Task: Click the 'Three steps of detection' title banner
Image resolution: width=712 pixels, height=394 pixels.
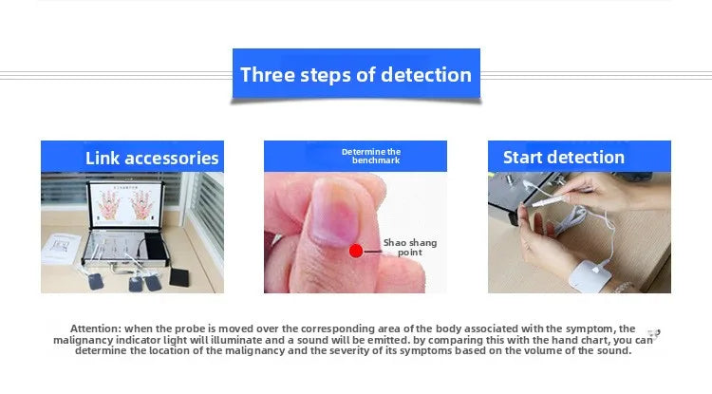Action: pos(356,73)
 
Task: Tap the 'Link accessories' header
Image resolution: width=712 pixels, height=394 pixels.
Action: pos(132,157)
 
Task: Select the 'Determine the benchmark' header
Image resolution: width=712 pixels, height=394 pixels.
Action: pos(355,156)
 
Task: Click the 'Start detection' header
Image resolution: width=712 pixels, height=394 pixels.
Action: pos(579,157)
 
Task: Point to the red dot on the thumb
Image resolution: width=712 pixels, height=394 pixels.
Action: pos(356,251)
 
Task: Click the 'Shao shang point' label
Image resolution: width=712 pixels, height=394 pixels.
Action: pos(410,248)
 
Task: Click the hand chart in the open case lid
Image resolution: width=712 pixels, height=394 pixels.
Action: pos(125,204)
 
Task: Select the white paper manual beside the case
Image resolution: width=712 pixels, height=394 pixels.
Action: pos(61,248)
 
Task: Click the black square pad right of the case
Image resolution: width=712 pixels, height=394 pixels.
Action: pos(178,277)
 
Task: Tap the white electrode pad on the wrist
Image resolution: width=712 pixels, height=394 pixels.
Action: pos(590,275)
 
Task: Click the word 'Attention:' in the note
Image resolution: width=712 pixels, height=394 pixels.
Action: pos(96,328)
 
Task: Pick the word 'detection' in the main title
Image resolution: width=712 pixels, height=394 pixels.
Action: pos(426,75)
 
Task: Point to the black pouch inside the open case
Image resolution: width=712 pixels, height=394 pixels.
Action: pos(155,248)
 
